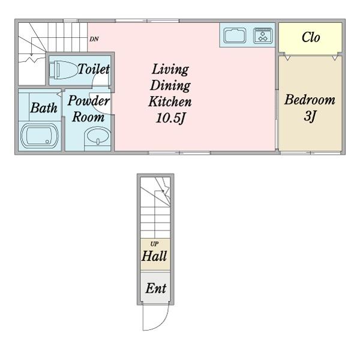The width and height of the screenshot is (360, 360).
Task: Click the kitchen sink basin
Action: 235,35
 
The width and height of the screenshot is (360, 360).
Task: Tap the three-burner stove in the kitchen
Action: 263,35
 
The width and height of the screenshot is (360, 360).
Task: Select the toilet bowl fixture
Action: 62,70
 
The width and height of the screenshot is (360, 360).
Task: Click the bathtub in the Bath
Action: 40,136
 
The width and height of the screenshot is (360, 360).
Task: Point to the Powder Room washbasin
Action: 98,136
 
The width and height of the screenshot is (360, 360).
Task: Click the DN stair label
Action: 94,39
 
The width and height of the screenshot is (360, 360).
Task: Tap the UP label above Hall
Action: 154,244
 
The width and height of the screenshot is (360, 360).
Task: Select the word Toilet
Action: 94,68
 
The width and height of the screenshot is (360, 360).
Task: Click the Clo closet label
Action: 311,37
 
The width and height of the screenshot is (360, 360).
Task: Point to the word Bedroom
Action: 310,100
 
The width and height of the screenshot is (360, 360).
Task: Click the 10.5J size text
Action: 170,118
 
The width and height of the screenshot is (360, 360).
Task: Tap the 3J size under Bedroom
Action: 310,116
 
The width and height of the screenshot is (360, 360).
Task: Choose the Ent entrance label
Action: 155,288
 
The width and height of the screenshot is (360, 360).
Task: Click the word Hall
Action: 154,256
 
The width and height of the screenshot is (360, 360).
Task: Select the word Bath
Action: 44,107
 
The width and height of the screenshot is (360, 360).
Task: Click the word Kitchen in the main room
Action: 170,102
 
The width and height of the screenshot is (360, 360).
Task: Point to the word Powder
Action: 88,101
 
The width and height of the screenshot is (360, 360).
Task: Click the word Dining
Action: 170,85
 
